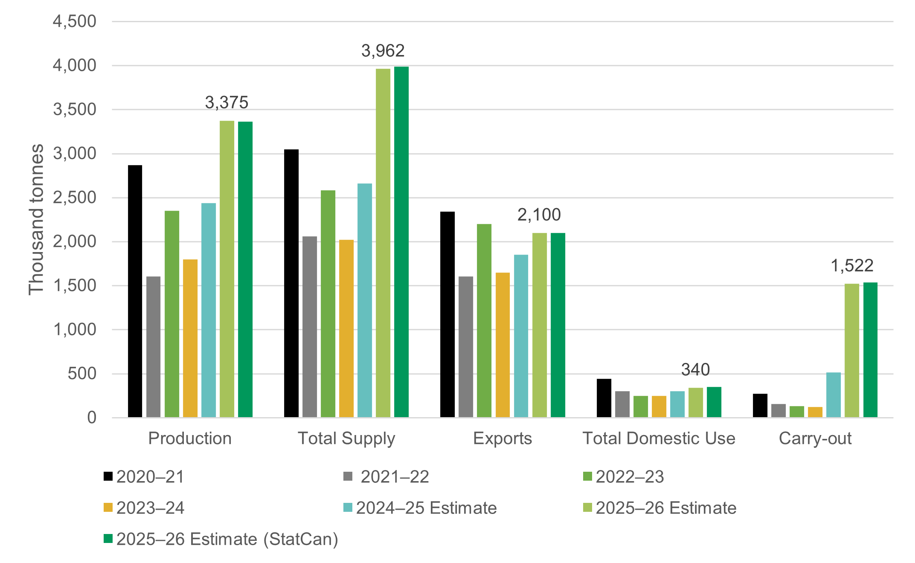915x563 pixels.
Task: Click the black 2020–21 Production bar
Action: tap(135, 291)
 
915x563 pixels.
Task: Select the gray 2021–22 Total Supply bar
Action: tap(310, 327)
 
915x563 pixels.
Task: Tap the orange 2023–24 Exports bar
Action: tap(503, 345)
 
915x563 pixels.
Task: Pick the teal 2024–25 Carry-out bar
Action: tap(834, 395)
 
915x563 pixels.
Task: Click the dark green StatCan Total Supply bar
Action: tap(401, 242)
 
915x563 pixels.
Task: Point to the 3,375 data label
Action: tap(227, 102)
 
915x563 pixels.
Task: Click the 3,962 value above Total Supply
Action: tap(383, 51)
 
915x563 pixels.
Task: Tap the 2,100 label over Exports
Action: tap(539, 215)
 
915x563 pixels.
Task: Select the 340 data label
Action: tap(695, 369)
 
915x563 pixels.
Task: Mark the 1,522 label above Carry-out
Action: tap(852, 266)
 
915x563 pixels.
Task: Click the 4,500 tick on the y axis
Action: tap(75, 21)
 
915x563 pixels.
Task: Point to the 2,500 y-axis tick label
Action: tap(75, 198)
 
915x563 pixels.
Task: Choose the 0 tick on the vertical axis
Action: tap(92, 418)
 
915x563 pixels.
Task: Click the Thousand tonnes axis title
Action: tap(36, 219)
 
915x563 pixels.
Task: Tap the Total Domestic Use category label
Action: tap(659, 438)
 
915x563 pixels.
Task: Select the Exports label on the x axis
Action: tap(503, 438)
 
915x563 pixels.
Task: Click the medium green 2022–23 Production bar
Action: tap(172, 314)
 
